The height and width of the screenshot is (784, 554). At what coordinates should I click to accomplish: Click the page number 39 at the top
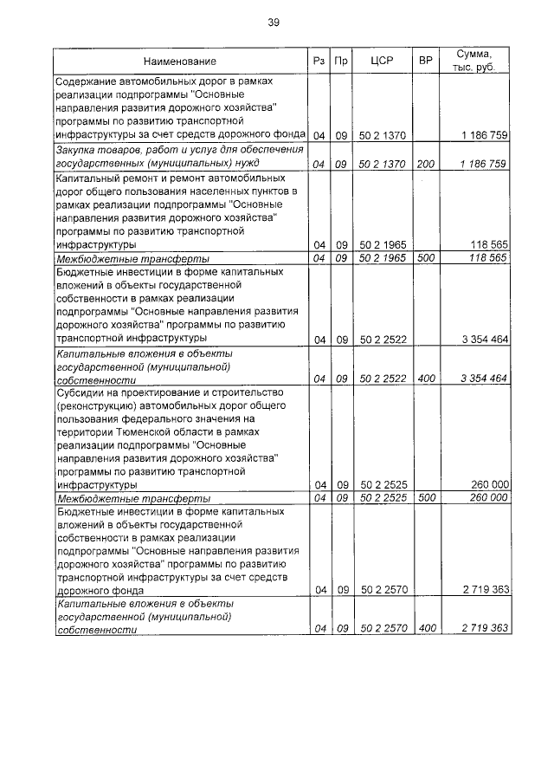(274, 22)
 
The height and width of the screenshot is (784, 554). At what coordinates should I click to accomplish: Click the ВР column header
(425, 62)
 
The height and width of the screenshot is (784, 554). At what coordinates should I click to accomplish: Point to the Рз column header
(319, 62)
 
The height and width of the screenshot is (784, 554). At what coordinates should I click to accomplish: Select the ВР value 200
(425, 163)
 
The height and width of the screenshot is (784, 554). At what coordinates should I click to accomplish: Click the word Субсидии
(83, 391)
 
